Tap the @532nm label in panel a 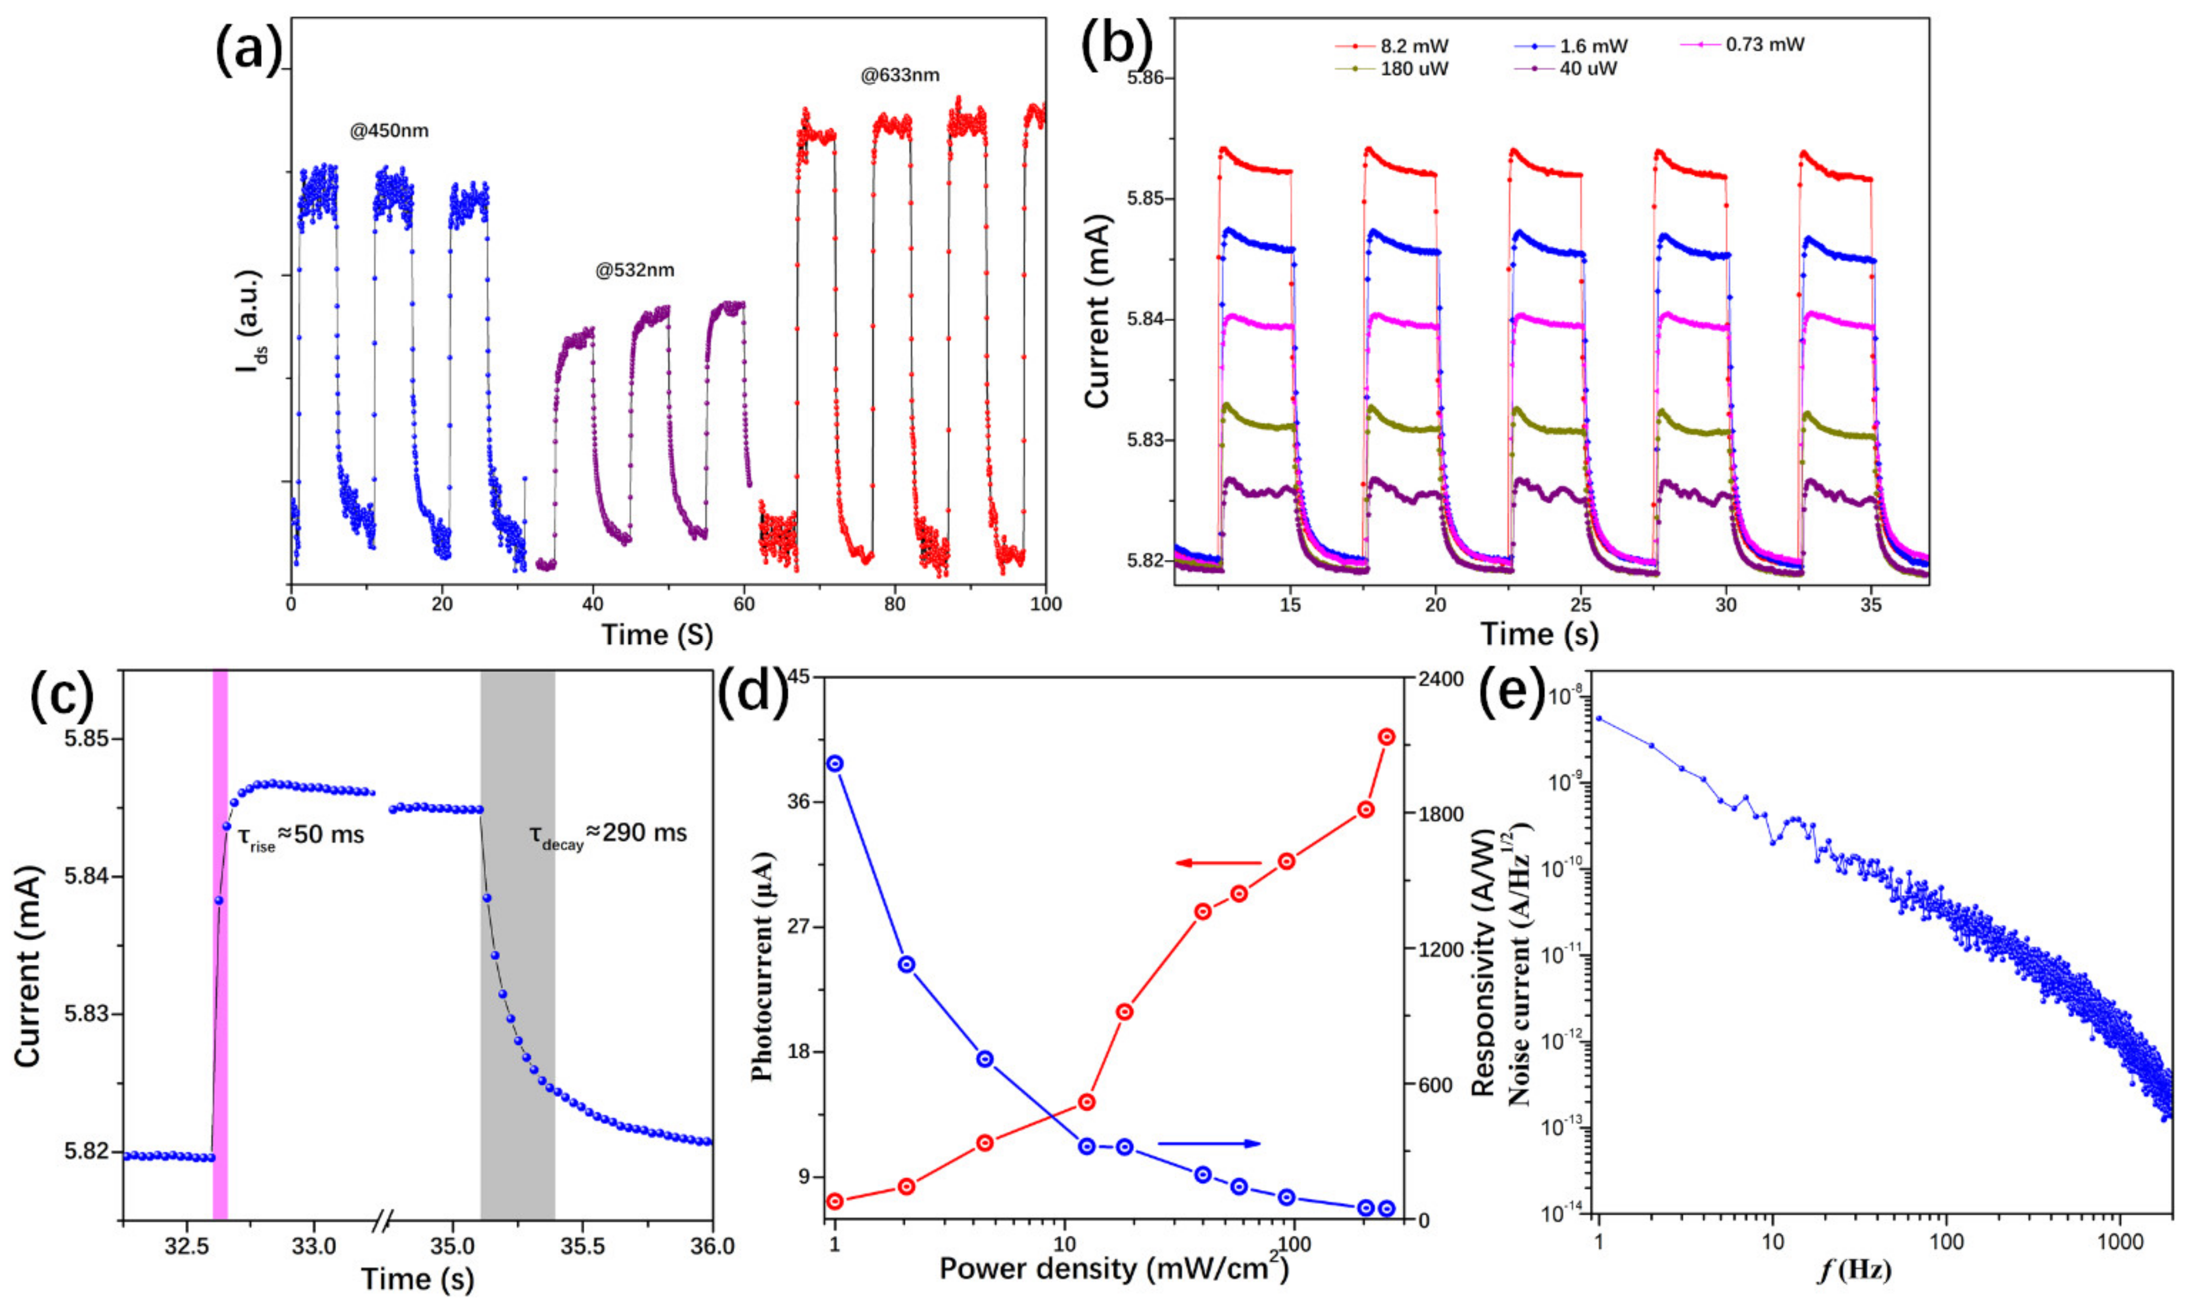tap(635, 271)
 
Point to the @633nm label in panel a tap(899, 76)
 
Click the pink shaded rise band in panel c tap(220, 942)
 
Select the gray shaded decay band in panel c tap(517, 942)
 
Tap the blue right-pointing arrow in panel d tap(1209, 1143)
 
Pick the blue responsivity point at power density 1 tap(835, 763)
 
